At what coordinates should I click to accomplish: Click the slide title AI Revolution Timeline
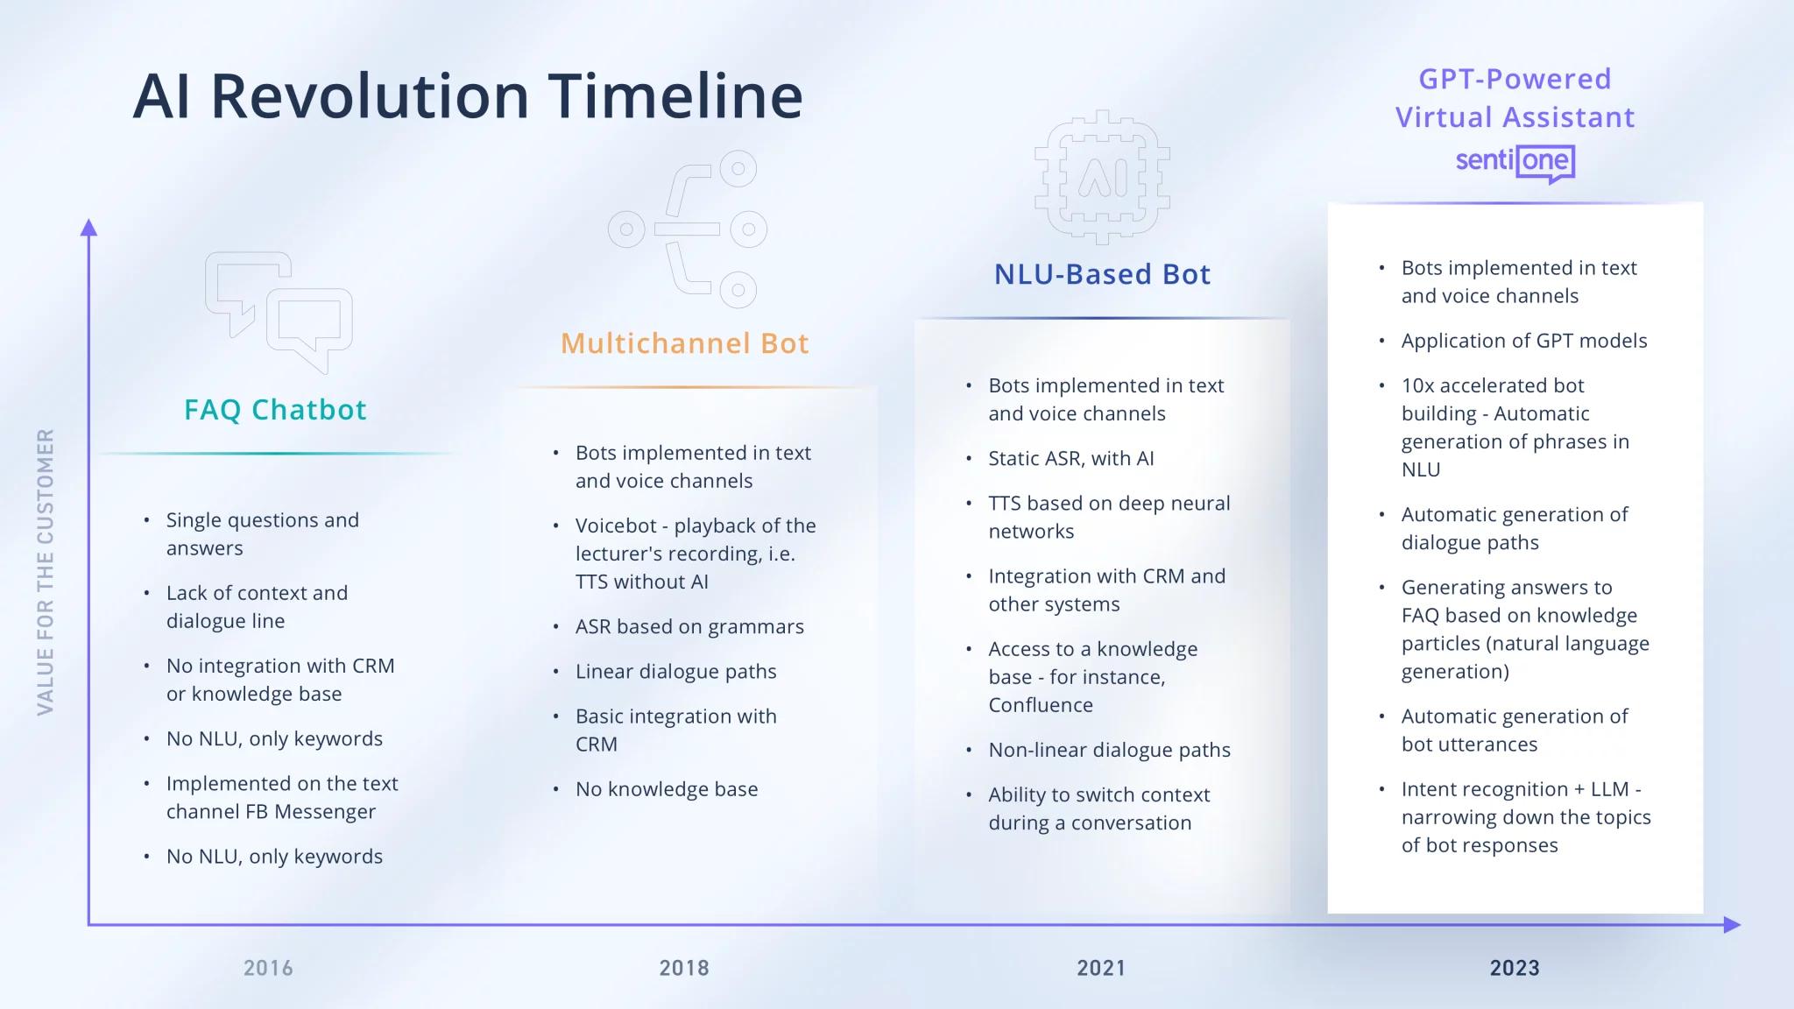pyautogui.click(x=468, y=95)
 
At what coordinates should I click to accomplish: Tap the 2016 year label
pyautogui.click(x=268, y=968)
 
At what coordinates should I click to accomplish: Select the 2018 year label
pyautogui.click(x=684, y=968)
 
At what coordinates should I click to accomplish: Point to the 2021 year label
pyautogui.click(x=1101, y=968)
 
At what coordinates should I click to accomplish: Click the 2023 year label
pyautogui.click(x=1515, y=968)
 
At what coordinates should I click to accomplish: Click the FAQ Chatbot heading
pyautogui.click(x=275, y=409)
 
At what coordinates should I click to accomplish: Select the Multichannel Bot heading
pyautogui.click(x=685, y=342)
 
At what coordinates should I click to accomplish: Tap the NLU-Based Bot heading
pyautogui.click(x=1102, y=274)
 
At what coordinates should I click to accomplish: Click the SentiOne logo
pyautogui.click(x=1515, y=163)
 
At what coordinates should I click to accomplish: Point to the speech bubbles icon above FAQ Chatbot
pyautogui.click(x=279, y=312)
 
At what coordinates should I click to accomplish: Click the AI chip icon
pyautogui.click(x=1102, y=178)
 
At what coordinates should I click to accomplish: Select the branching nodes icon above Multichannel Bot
pyautogui.click(x=688, y=229)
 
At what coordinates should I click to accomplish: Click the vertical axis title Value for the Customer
pyautogui.click(x=46, y=571)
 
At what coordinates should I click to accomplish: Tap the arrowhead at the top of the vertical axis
pyautogui.click(x=88, y=227)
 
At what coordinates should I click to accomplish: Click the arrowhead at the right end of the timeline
pyautogui.click(x=1732, y=924)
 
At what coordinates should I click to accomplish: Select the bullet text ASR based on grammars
pyautogui.click(x=689, y=626)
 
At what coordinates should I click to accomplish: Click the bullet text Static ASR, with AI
pyautogui.click(x=1071, y=458)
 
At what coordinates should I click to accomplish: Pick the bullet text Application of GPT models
pyautogui.click(x=1524, y=341)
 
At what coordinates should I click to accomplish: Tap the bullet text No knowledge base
pyautogui.click(x=667, y=789)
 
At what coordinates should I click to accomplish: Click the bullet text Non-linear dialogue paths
pyautogui.click(x=1109, y=750)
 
